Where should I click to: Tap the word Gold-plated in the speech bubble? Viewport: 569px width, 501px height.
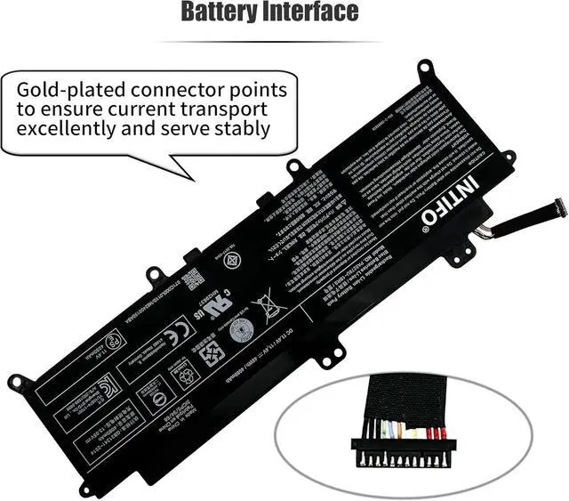coord(75,89)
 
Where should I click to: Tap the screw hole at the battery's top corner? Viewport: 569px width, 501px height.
coord(426,67)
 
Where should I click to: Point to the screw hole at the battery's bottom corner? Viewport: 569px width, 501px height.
coord(85,489)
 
